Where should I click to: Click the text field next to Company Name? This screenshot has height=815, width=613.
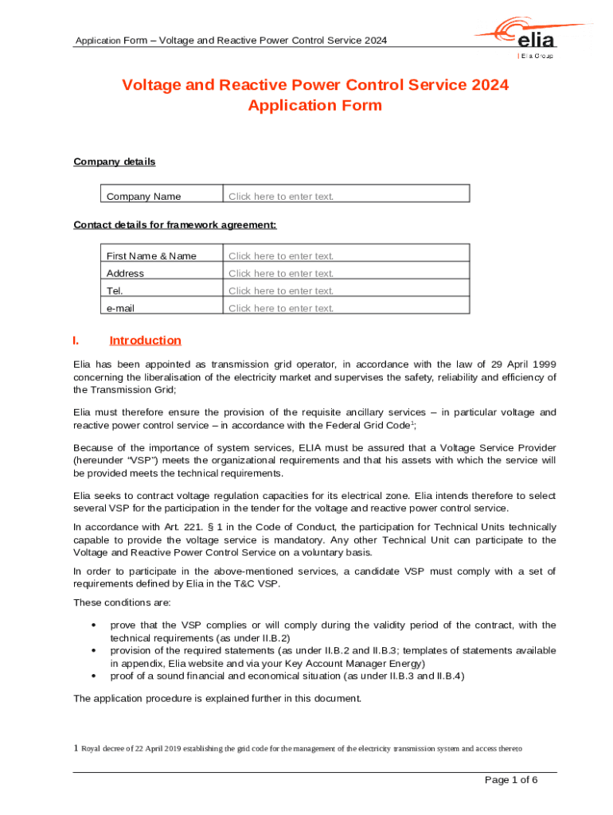(x=346, y=197)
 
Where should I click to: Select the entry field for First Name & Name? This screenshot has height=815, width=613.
(x=346, y=255)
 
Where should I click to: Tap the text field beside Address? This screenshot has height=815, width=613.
(x=346, y=273)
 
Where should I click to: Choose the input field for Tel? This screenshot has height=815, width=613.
(x=346, y=291)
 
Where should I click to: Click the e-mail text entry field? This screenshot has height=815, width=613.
(x=346, y=308)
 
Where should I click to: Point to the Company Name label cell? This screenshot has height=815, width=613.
(x=144, y=197)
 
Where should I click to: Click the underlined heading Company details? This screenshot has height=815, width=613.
(x=114, y=162)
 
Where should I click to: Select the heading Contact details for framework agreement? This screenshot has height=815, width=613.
(x=174, y=224)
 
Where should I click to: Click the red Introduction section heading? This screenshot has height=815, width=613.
(x=145, y=341)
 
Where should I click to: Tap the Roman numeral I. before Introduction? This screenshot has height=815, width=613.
(x=76, y=341)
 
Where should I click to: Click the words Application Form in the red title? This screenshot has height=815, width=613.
(x=314, y=105)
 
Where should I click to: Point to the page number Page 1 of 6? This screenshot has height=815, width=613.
(x=511, y=779)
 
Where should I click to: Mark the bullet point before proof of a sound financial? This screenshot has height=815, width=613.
(x=95, y=677)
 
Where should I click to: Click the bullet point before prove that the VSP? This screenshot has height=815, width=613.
(x=95, y=626)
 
